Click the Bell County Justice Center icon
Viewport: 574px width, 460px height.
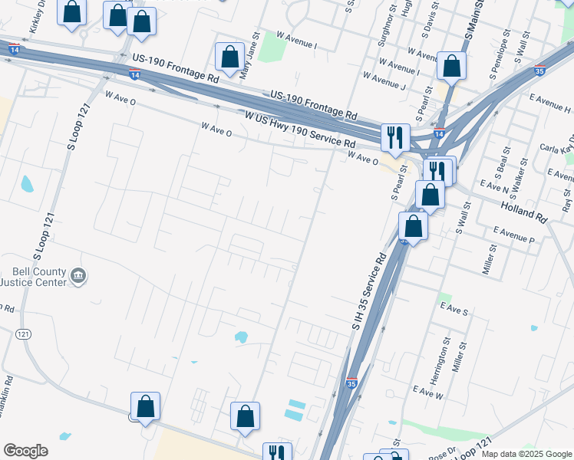point(78,276)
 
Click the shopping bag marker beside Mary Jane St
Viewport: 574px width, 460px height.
point(229,56)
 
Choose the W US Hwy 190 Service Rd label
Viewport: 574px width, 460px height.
point(299,130)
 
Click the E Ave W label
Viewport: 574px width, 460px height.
point(428,393)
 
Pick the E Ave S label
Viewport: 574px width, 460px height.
point(454,309)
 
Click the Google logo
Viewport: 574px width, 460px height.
point(25,451)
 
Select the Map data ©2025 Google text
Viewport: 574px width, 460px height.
point(526,454)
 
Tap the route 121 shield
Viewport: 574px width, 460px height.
point(23,334)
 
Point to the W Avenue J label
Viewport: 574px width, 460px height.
point(384,80)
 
